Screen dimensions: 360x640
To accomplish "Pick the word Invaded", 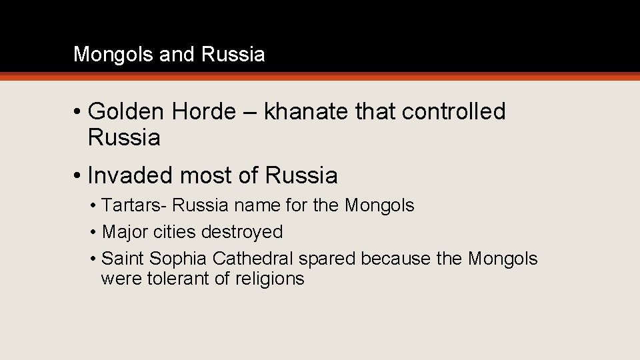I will [x=129, y=175].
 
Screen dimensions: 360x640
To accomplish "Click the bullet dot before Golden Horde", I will [x=78, y=113].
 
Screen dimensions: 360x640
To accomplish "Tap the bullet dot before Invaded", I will [x=78, y=176].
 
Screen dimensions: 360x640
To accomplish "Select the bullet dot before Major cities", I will [x=93, y=233].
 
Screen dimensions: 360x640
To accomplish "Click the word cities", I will [x=173, y=232].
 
